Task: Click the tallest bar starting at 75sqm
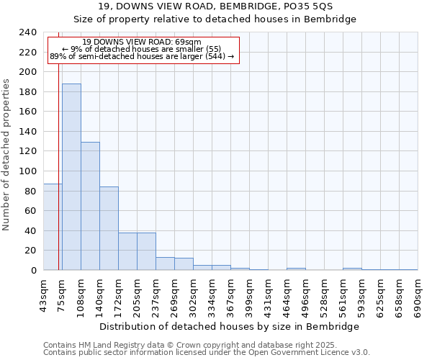71,176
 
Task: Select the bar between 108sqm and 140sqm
90,206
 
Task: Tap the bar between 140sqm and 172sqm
109,228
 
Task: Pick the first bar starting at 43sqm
53,227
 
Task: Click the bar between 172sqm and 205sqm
127,251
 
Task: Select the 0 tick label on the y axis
33,271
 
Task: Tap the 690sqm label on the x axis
418,295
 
